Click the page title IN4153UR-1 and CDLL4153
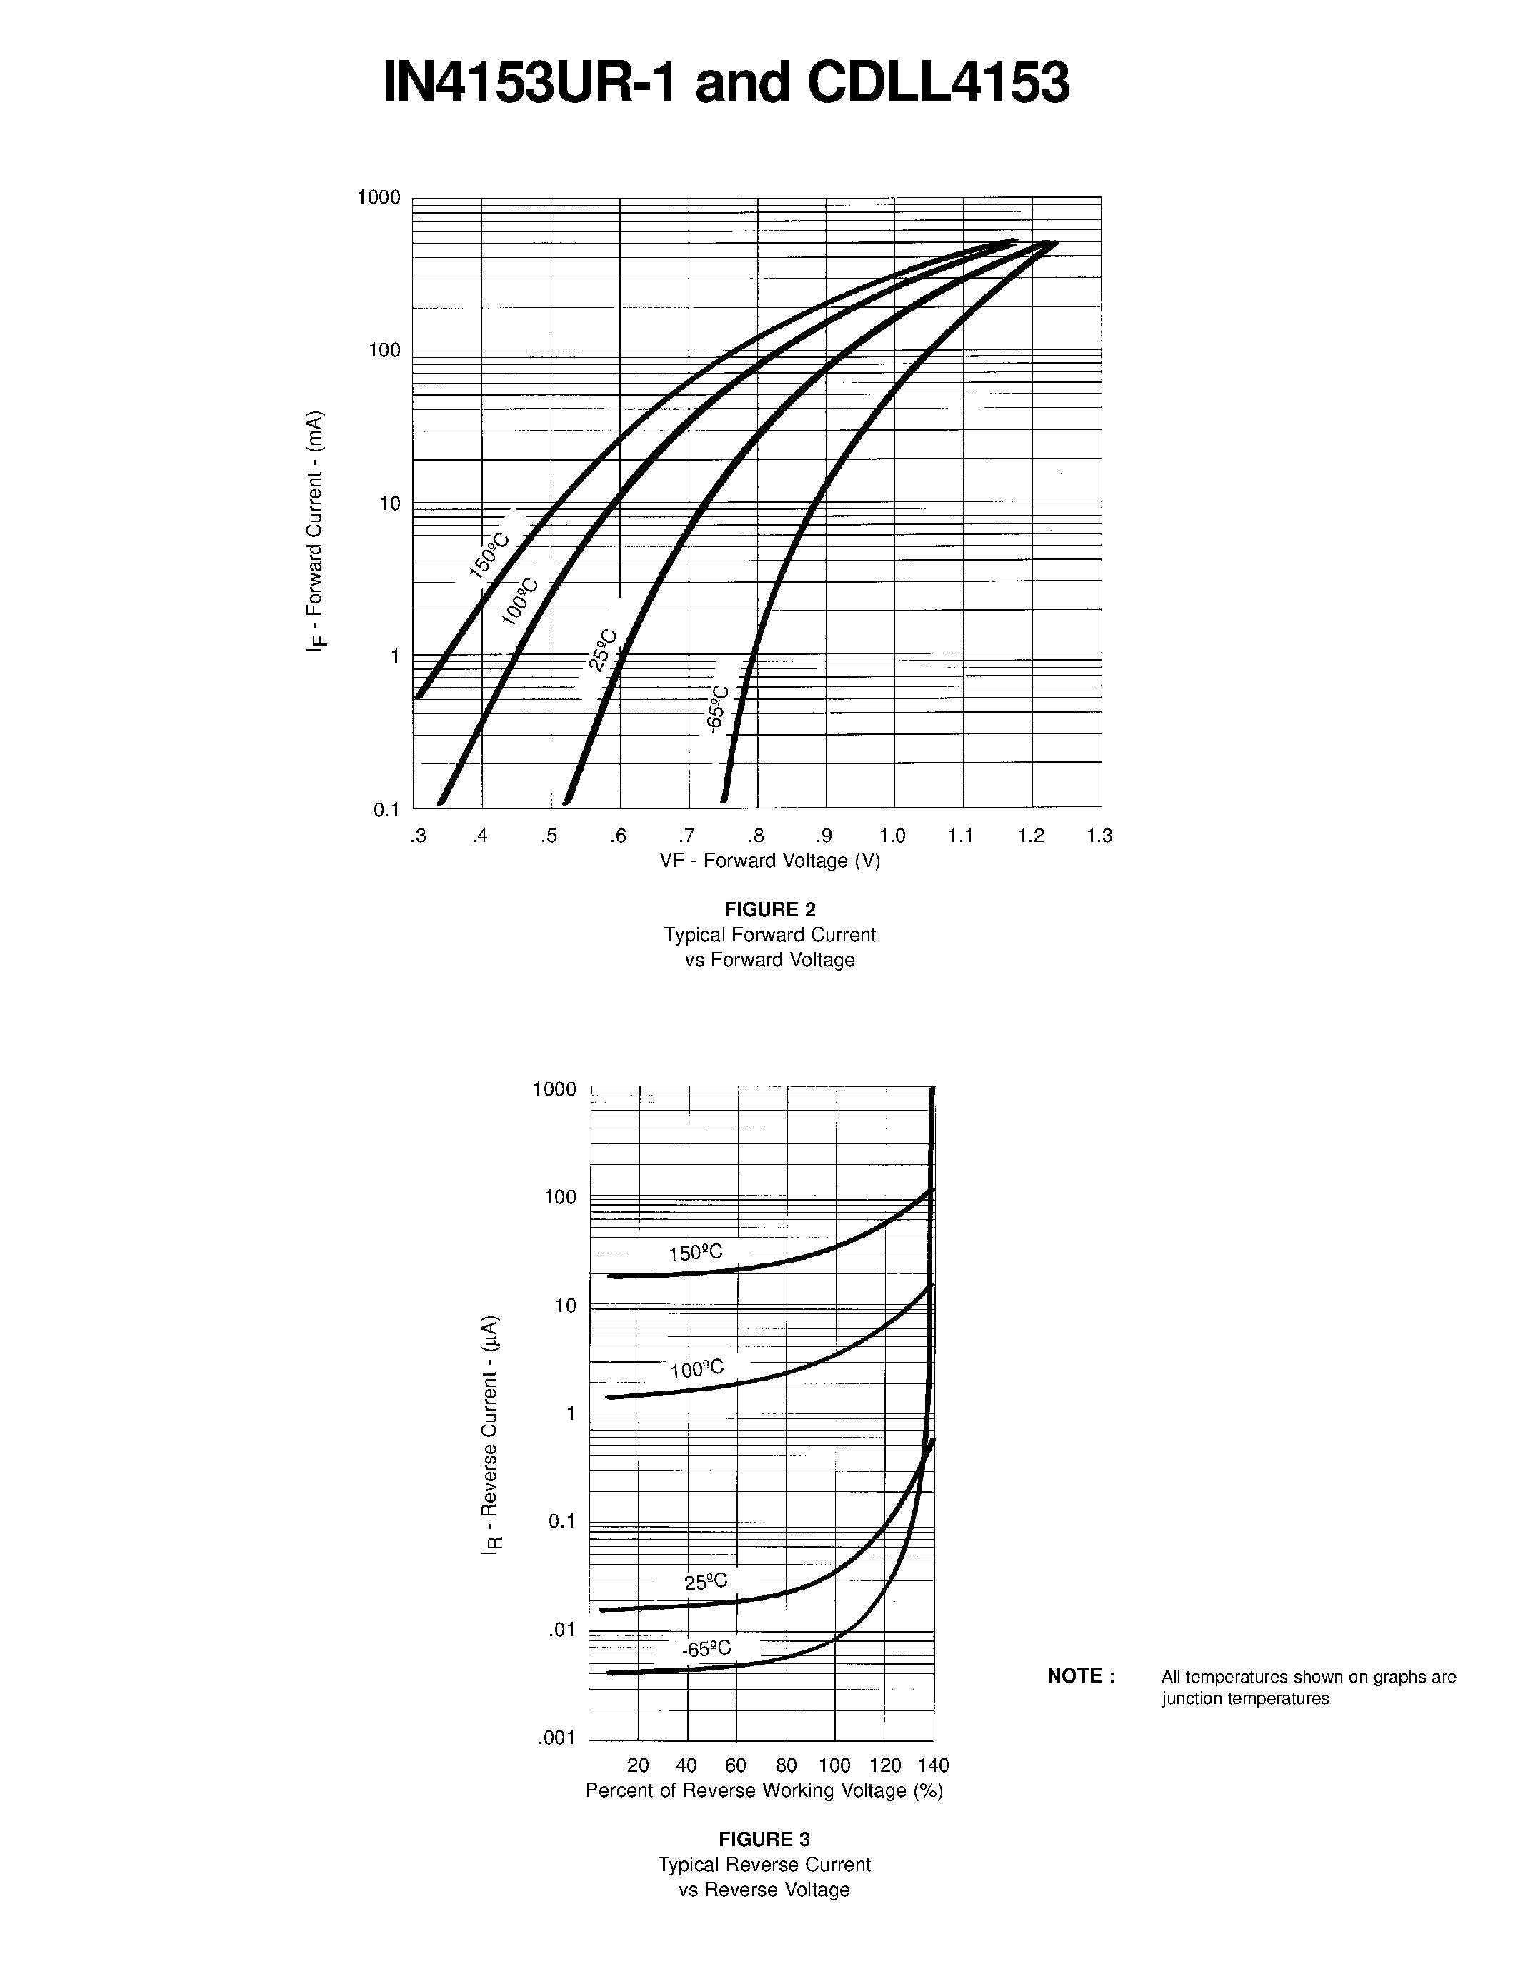[726, 84]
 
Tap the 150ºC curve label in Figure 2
[489, 555]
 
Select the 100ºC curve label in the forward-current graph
[520, 601]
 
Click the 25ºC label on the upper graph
[602, 649]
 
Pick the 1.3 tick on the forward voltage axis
[1099, 836]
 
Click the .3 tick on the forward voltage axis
[417, 836]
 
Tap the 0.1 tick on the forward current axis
[386, 809]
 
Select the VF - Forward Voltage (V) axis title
[770, 861]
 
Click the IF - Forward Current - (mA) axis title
[315, 531]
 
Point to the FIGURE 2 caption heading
[770, 909]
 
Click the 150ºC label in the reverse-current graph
[695, 1253]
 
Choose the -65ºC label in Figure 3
[706, 1648]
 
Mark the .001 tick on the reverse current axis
[556, 1738]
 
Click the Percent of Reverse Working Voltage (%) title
[764, 1790]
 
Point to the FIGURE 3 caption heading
[764, 1839]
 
